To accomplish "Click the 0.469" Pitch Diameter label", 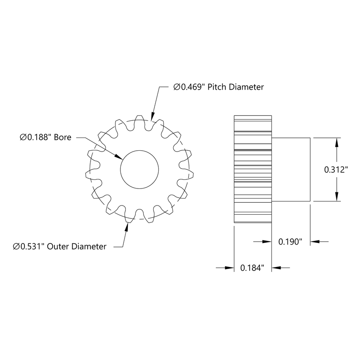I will [x=218, y=87].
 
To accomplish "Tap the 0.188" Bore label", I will [x=45, y=137].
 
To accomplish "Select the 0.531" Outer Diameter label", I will [x=60, y=247].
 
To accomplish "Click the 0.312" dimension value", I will [x=338, y=169].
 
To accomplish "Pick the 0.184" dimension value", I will [x=252, y=268].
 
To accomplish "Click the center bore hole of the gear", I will [x=140, y=169].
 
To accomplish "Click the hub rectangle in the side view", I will [x=291, y=169].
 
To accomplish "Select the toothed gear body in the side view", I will [x=253, y=169].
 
